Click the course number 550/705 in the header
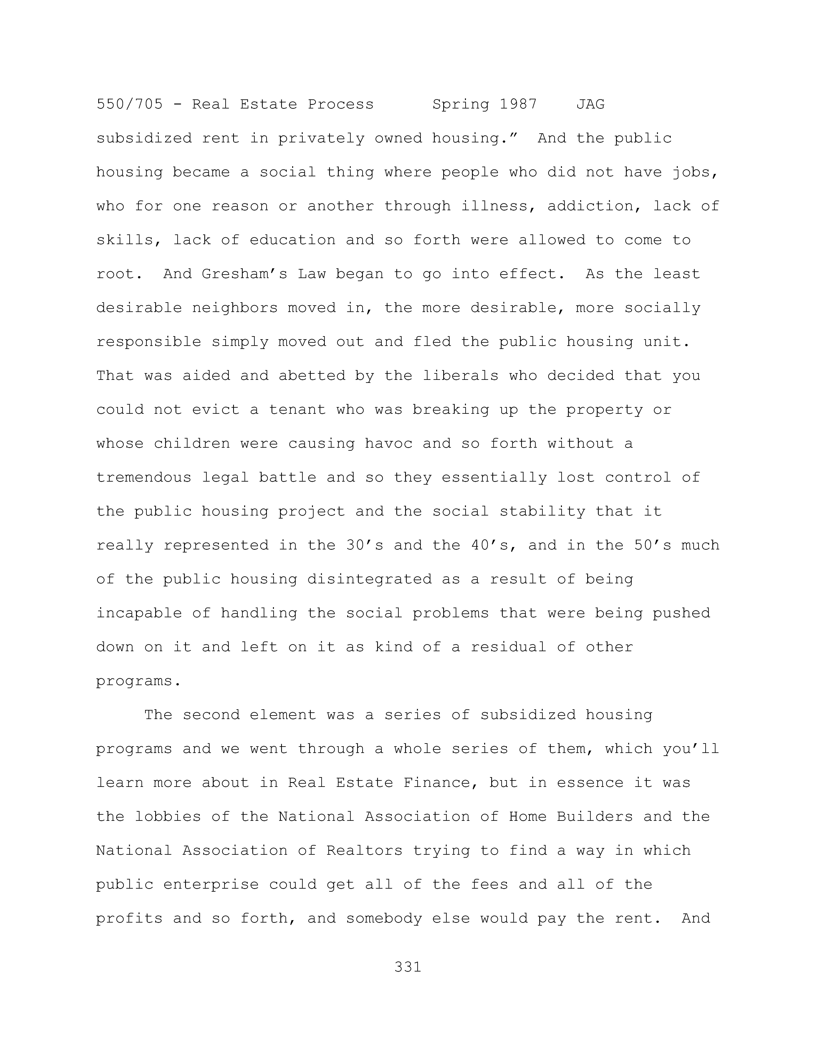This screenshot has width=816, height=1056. pyautogui.click(x=130, y=104)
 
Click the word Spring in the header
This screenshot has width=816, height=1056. pyautogui.click(x=460, y=104)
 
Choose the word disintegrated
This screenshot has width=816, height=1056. pyautogui.click(x=369, y=579)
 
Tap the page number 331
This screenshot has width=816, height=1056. pyautogui.click(x=408, y=967)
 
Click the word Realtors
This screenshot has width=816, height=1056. pyautogui.click(x=364, y=851)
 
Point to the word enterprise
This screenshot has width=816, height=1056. pyautogui.click(x=211, y=884)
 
